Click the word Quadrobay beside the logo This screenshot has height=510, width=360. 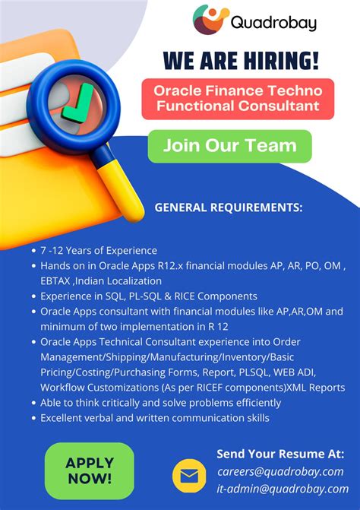tap(275, 22)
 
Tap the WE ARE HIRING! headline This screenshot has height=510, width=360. tap(240, 59)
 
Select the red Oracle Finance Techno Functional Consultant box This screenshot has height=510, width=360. tap(237, 98)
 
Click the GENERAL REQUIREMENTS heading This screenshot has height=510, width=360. tap(229, 207)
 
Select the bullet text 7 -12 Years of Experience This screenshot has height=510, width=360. tap(99, 250)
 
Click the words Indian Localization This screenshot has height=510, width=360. tap(118, 280)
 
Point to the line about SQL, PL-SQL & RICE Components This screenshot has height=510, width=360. tap(149, 296)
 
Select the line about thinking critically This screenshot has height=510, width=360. tap(160, 403)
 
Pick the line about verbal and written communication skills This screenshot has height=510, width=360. tap(155, 418)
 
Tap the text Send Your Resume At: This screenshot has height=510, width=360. tap(280, 454)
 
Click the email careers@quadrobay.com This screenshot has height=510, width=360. tap(279, 471)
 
